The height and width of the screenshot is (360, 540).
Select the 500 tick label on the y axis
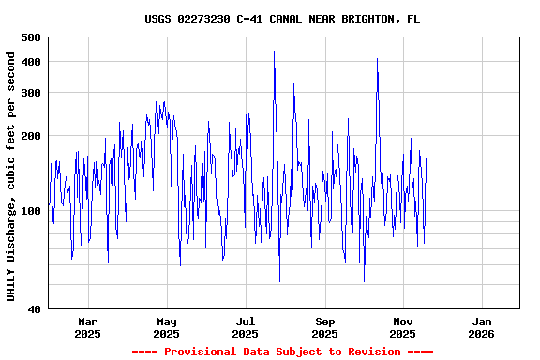point(30,37)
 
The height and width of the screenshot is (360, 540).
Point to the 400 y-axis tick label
point(30,62)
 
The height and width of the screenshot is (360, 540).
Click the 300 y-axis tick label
point(30,93)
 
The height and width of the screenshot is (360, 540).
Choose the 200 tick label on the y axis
point(30,136)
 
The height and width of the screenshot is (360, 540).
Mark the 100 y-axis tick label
point(30,211)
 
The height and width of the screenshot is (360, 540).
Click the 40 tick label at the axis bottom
point(34,309)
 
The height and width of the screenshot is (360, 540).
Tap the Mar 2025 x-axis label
point(87,327)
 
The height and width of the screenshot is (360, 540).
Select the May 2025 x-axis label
point(166,327)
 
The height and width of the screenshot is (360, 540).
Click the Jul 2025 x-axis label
point(245,327)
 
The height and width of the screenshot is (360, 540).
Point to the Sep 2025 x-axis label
point(324,327)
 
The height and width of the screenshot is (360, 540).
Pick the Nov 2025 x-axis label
point(402,327)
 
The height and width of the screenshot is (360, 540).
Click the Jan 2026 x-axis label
point(481,327)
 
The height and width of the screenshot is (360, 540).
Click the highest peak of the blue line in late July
point(274,52)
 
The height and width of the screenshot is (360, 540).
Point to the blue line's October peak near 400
point(377,59)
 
